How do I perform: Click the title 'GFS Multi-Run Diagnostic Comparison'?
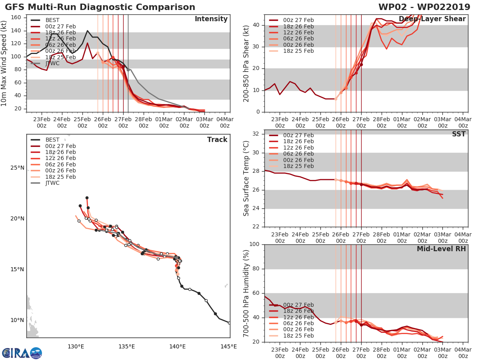click(100, 7)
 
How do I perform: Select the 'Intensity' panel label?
click(211, 19)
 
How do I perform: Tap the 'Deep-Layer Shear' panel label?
click(432, 19)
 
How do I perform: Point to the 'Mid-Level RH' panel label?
click(441, 249)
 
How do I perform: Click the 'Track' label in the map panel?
click(217, 140)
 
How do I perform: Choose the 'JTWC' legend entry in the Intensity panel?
click(52, 63)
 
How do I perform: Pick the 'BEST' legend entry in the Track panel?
click(52, 140)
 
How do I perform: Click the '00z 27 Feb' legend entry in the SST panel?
click(298, 135)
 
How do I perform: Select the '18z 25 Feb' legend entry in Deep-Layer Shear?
click(298, 51)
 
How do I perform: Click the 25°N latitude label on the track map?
click(17, 168)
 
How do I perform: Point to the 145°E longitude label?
click(228, 346)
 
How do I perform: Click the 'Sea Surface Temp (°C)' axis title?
click(246, 178)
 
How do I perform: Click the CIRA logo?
click(22, 353)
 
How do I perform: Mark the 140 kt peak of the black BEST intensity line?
click(87, 30)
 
